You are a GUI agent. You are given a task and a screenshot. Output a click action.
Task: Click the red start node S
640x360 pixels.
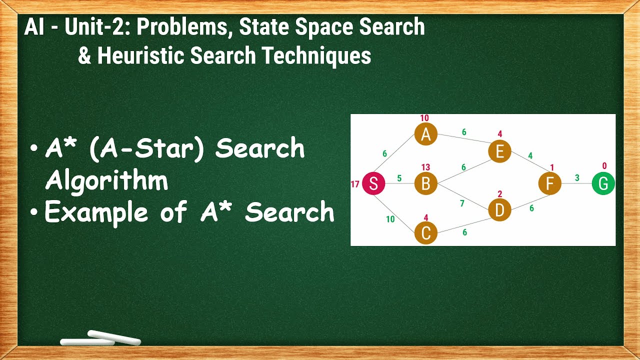pyautogui.click(x=373, y=184)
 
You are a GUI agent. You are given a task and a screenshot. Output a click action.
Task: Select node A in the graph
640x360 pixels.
pyautogui.click(x=425, y=134)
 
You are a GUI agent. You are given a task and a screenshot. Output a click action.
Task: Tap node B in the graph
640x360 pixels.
pyautogui.click(x=425, y=184)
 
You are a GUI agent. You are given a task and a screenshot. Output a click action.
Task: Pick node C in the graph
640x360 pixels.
pyautogui.click(x=425, y=233)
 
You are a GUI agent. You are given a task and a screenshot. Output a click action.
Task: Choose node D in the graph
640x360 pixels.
pyautogui.click(x=499, y=210)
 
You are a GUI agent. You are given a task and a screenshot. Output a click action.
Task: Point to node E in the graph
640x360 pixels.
pyautogui.click(x=499, y=151)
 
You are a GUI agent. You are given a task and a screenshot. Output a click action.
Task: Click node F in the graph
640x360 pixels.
pyautogui.click(x=549, y=184)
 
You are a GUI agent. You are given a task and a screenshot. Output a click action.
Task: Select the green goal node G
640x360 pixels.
pyautogui.click(x=603, y=184)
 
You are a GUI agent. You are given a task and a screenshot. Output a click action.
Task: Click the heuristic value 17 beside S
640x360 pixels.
pyautogui.click(x=355, y=184)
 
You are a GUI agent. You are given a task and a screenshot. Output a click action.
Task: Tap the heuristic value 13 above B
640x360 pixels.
pyautogui.click(x=425, y=167)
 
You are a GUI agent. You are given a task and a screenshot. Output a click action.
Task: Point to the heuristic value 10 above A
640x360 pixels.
pyautogui.click(x=424, y=118)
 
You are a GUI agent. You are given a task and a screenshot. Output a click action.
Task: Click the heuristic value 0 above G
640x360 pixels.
pyautogui.click(x=604, y=166)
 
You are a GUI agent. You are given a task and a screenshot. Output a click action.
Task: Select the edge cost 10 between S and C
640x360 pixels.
pyautogui.click(x=390, y=219)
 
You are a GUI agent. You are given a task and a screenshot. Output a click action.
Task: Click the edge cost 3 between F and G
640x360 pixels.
pyautogui.click(x=576, y=178)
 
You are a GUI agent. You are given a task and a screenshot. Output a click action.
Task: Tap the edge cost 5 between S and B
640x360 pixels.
pyautogui.click(x=399, y=178)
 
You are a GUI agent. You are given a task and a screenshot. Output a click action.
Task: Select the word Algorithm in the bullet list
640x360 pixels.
pyautogui.click(x=106, y=181)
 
